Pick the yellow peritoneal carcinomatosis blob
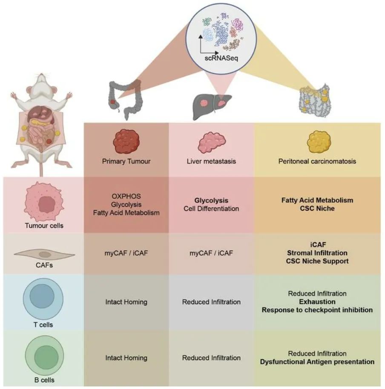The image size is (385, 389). (x=317, y=142)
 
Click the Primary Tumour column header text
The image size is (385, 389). (x=126, y=162)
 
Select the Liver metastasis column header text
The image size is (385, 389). (x=211, y=162)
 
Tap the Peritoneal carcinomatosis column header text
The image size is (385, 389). (x=317, y=162)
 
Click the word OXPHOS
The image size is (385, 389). (x=126, y=197)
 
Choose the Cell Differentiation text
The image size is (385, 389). (x=211, y=209)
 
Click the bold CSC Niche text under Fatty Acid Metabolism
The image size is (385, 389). (x=317, y=209)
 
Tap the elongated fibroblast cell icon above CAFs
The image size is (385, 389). (x=44, y=254)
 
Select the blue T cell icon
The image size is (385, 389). (x=43, y=297)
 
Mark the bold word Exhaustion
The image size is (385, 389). (x=317, y=302)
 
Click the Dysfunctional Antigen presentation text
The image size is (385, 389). (x=317, y=362)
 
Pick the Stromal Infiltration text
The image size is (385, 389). (x=317, y=253)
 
